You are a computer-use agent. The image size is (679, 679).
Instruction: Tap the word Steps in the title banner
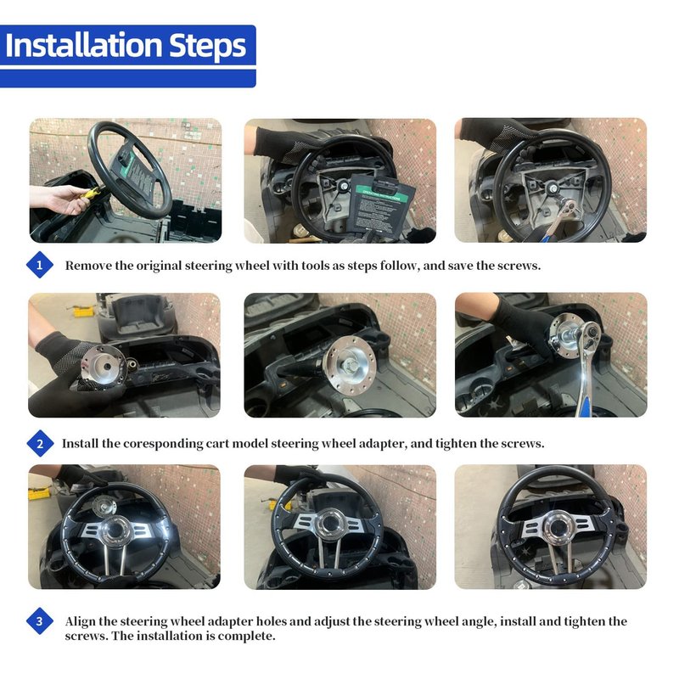point(207,47)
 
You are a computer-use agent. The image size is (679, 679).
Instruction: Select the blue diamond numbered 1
point(39,265)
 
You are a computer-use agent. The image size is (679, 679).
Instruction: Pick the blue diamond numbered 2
point(40,443)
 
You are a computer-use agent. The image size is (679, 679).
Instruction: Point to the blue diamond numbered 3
point(39,621)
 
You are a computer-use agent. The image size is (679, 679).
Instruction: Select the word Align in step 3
point(80,622)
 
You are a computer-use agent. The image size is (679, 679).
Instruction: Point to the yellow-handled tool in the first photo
point(92,194)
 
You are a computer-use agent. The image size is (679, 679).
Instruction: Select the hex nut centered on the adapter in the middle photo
point(349,366)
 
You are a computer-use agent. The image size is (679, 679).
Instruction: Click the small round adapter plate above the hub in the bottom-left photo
point(104,505)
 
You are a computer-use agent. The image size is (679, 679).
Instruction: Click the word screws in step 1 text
point(519,266)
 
